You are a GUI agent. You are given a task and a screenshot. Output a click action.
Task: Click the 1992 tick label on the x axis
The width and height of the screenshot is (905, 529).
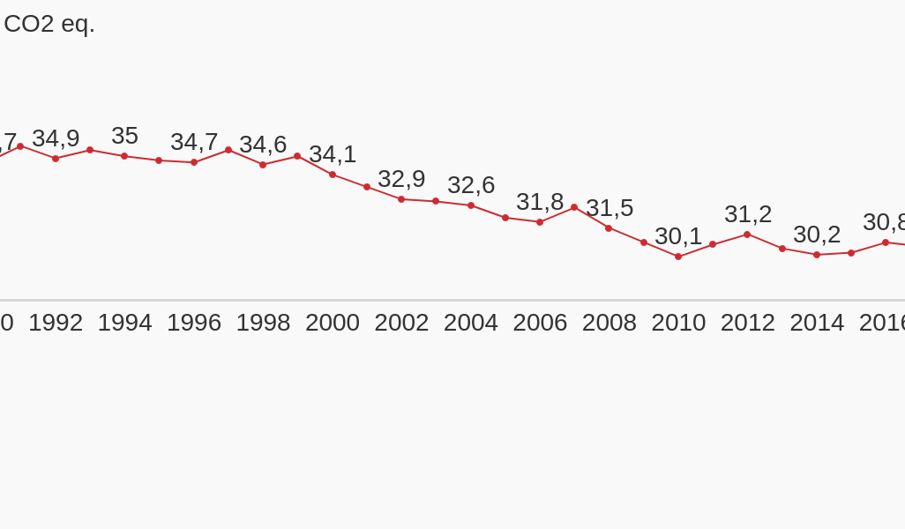(x=56, y=323)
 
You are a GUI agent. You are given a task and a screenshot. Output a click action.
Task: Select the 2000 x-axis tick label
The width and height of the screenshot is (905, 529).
(x=333, y=323)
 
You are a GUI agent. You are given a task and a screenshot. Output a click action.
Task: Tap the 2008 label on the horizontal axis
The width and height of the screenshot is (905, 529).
(x=609, y=323)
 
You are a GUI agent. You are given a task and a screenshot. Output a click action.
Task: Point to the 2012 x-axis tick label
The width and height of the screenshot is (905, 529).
(x=747, y=323)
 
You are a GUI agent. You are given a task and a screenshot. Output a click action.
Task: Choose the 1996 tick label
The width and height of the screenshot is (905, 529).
(x=194, y=323)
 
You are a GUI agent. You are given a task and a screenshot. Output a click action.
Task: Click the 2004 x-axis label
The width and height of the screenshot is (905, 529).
(x=471, y=323)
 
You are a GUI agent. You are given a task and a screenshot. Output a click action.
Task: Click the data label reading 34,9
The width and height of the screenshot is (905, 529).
(x=56, y=138)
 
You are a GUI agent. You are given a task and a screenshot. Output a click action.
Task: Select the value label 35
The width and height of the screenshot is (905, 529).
(x=124, y=136)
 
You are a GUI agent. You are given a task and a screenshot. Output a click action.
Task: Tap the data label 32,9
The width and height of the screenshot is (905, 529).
(x=401, y=179)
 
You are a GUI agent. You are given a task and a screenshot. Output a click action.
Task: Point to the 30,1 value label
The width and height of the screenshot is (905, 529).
(x=678, y=236)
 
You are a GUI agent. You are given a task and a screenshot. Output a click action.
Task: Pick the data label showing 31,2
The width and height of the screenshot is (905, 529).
(x=748, y=214)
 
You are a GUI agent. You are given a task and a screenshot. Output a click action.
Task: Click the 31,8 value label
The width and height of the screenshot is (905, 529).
(x=540, y=202)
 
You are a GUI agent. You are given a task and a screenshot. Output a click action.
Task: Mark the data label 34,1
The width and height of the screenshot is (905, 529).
(x=333, y=154)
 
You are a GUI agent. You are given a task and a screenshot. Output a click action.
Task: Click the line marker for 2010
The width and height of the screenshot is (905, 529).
(x=678, y=257)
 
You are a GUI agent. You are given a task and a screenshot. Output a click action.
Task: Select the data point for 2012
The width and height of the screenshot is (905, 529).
(x=747, y=235)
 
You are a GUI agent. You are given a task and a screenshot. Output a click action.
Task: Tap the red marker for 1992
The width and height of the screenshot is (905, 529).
(x=56, y=159)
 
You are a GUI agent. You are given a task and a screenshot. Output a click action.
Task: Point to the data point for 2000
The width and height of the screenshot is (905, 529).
(x=333, y=175)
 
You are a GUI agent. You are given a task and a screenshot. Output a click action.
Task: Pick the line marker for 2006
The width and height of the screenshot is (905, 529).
(x=540, y=222)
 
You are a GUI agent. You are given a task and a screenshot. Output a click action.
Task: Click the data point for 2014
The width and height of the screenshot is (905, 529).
(x=817, y=255)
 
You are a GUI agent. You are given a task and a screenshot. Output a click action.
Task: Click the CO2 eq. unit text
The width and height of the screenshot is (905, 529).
(x=49, y=24)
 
